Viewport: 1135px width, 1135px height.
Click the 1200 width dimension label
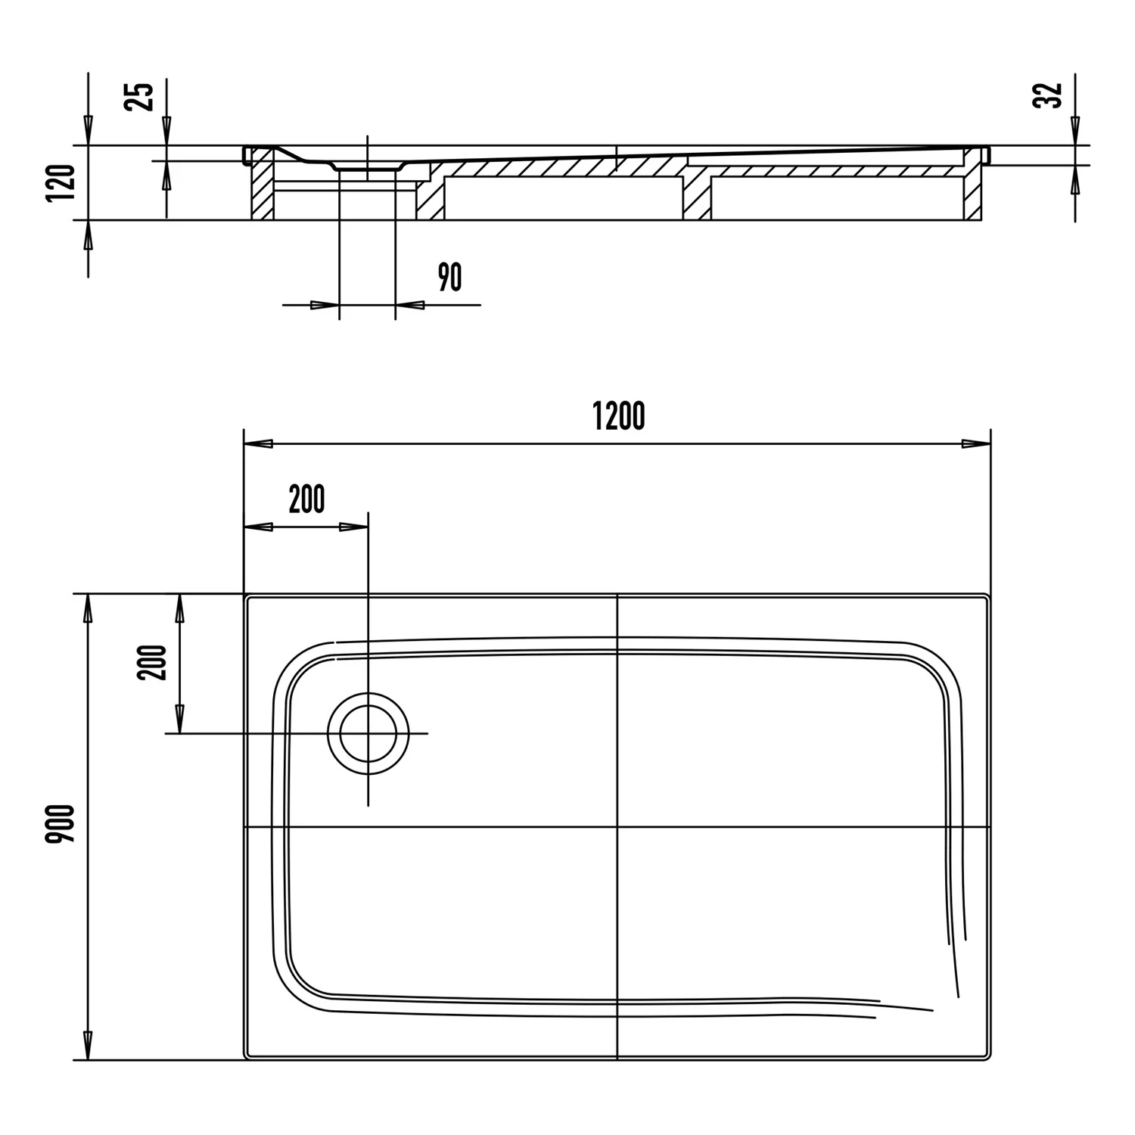619,416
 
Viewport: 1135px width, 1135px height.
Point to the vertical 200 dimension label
151,662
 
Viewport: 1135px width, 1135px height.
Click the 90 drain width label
449,278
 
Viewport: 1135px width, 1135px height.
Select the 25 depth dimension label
142,96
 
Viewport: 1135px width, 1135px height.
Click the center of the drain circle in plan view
368,733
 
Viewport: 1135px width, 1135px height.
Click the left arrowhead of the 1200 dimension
257,443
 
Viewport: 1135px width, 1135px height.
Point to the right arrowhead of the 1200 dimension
976,443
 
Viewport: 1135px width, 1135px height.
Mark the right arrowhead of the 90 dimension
409,305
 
